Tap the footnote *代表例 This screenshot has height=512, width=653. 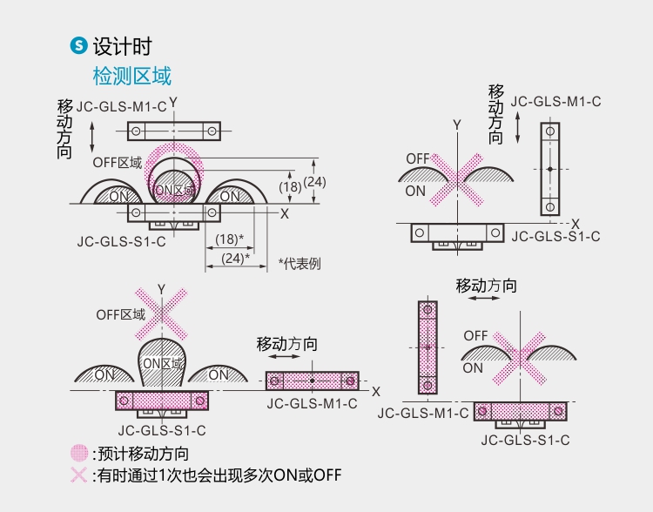[300, 263]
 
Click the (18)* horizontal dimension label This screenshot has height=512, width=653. [229, 239]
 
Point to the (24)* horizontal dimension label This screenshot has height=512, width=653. [235, 258]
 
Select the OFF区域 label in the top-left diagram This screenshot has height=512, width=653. [118, 162]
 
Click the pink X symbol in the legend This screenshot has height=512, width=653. [79, 475]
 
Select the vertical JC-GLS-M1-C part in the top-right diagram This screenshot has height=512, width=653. [549, 169]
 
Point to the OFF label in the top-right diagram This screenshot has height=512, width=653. [418, 159]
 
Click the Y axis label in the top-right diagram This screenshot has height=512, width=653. [456, 125]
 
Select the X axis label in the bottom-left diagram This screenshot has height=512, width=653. [376, 392]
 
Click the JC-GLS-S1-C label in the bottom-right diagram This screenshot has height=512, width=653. [525, 440]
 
